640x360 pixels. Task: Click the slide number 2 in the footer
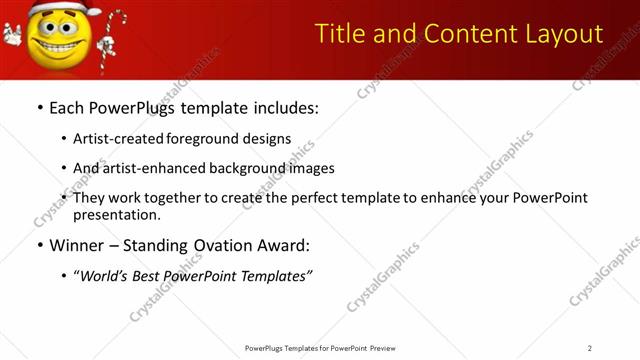(590, 348)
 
